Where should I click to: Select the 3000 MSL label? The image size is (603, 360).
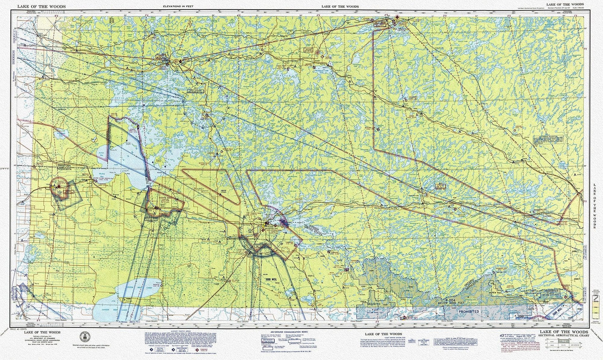(x=271, y=279)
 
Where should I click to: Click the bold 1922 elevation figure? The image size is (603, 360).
(x=223, y=191)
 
